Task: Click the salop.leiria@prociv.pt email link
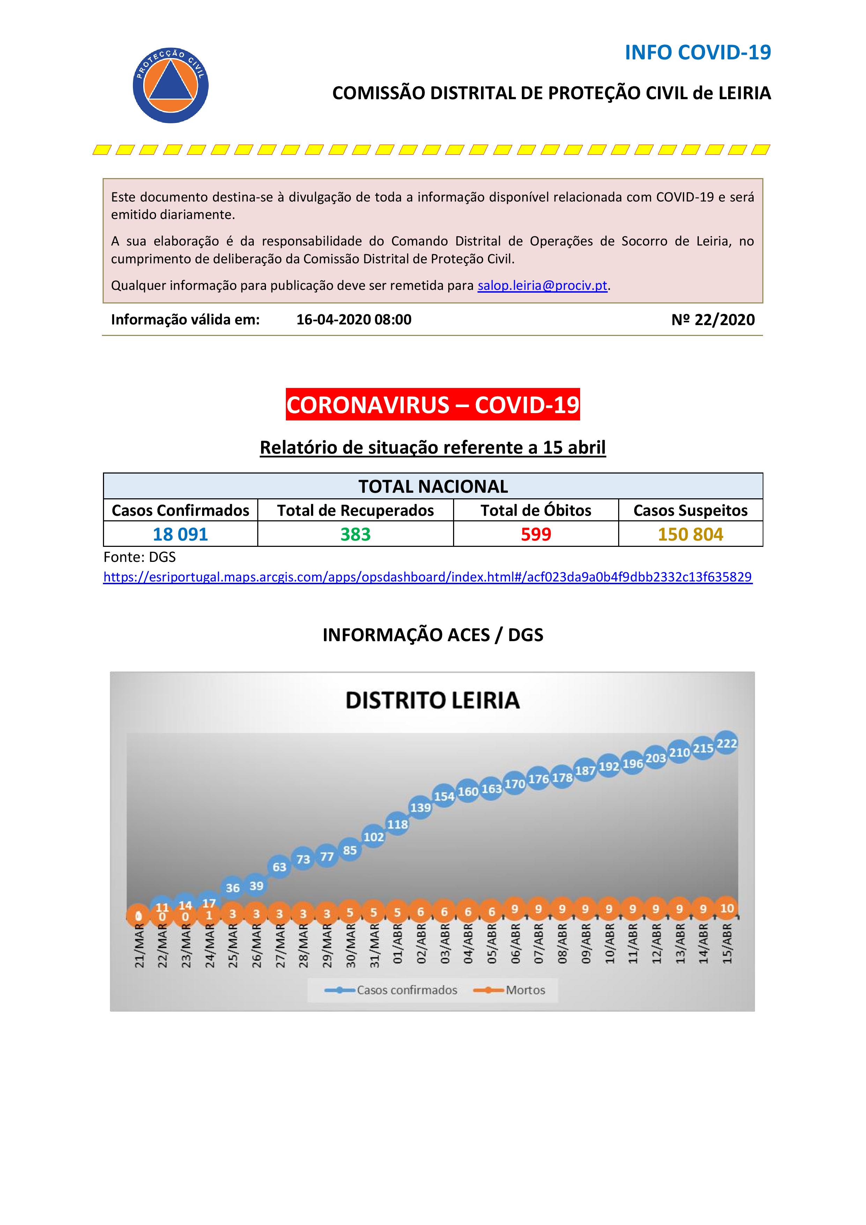542,285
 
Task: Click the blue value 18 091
180,534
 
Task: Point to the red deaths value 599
535,534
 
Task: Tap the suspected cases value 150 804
690,534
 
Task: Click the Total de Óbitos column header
535,511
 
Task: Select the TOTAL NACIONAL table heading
432,486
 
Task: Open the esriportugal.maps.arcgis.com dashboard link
427,577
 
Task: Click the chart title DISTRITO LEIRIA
432,700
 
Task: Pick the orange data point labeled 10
727,908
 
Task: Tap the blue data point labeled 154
444,796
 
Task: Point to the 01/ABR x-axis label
397,944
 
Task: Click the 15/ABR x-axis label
727,944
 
